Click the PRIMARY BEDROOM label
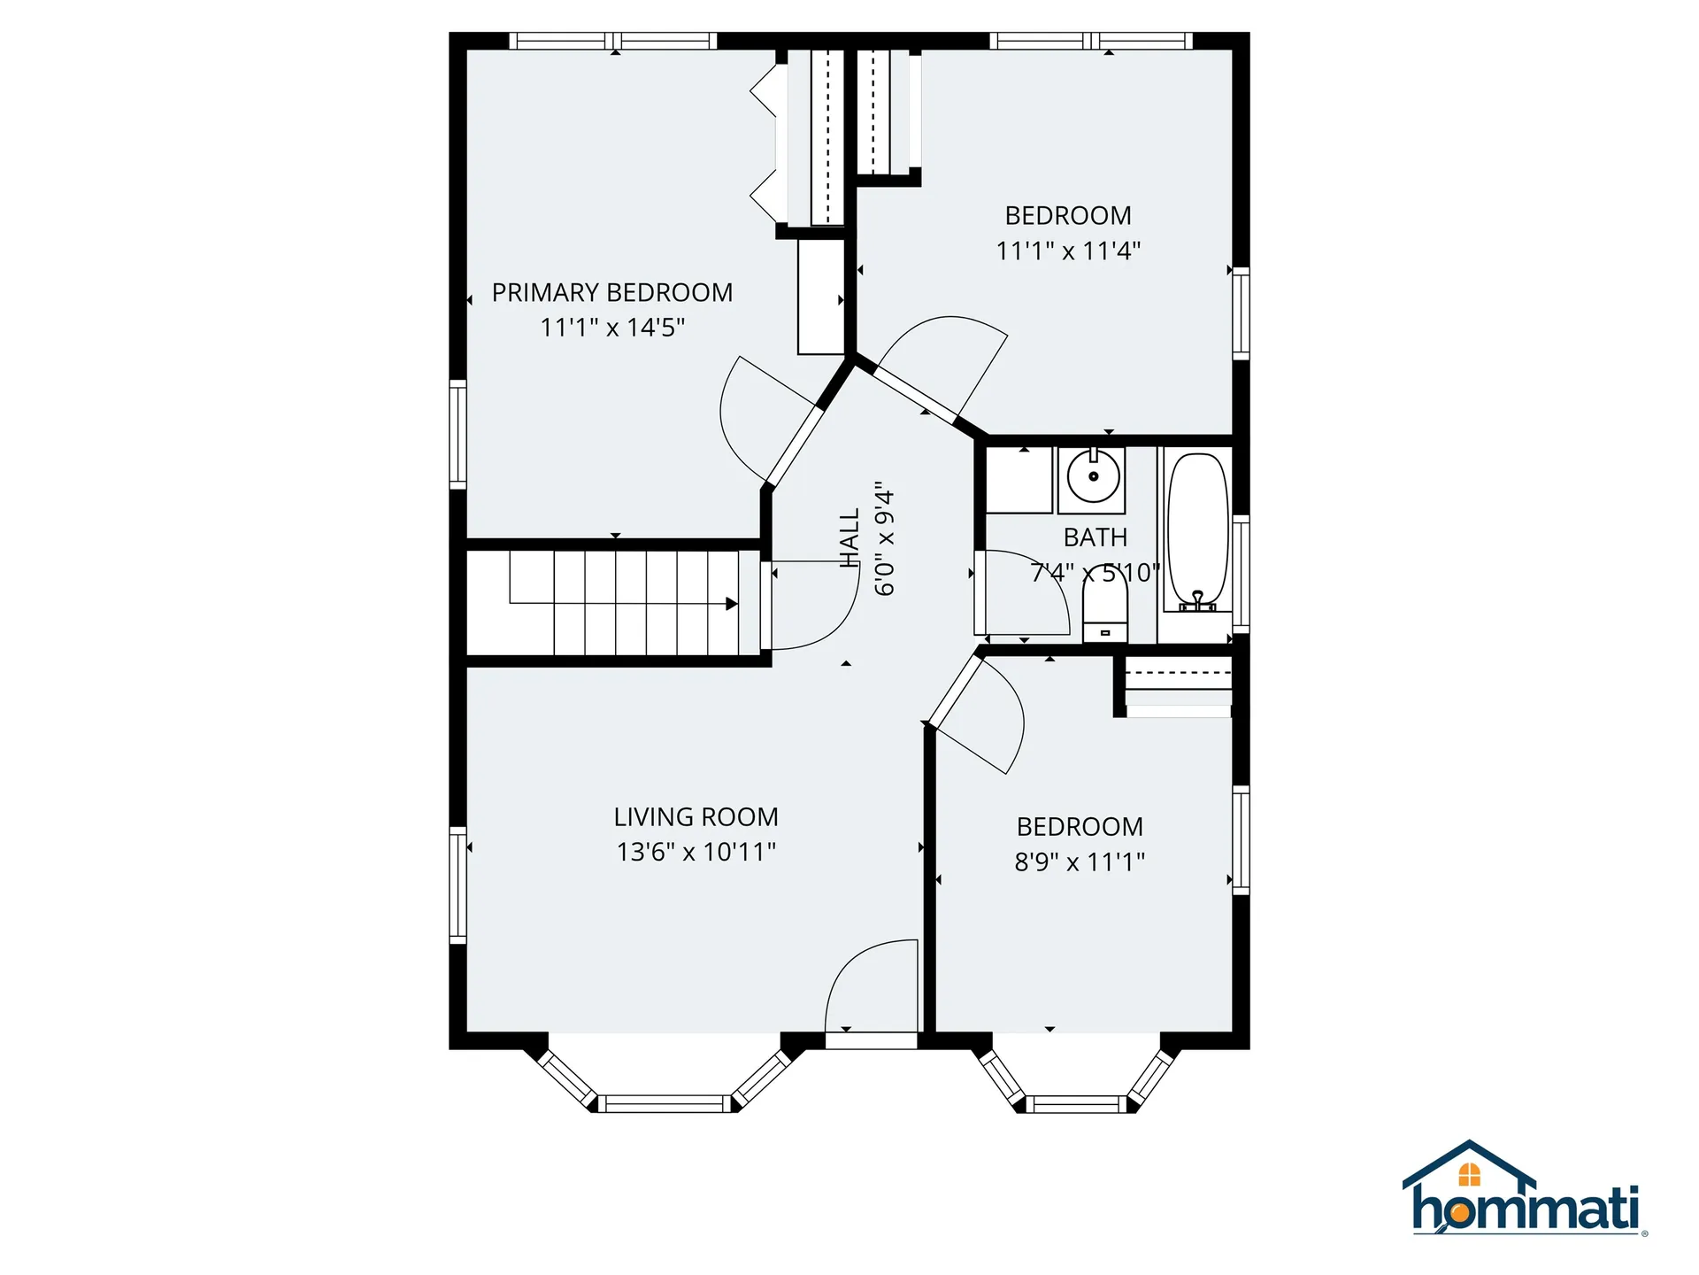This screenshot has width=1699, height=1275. click(x=611, y=292)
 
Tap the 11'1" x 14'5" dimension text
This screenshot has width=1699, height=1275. click(x=612, y=328)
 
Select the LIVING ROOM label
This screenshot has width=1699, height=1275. click(x=696, y=816)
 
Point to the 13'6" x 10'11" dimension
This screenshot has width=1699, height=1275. click(x=696, y=852)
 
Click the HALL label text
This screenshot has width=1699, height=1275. click(x=849, y=537)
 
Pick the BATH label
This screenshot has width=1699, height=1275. click(x=1095, y=537)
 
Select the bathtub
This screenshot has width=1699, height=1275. click(x=1197, y=529)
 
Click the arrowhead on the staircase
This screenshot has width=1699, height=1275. click(x=732, y=604)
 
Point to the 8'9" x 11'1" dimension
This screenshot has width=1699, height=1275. click(x=1080, y=862)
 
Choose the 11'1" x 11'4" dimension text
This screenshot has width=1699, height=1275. click(x=1068, y=251)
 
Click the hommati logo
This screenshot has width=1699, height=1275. click(x=1524, y=1192)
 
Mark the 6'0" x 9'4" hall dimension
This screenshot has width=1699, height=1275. click(x=885, y=537)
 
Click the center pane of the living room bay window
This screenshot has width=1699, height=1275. click(x=664, y=1103)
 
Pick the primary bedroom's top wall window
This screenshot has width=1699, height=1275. click(x=613, y=41)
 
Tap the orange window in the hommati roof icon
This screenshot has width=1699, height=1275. click(x=1469, y=1175)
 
